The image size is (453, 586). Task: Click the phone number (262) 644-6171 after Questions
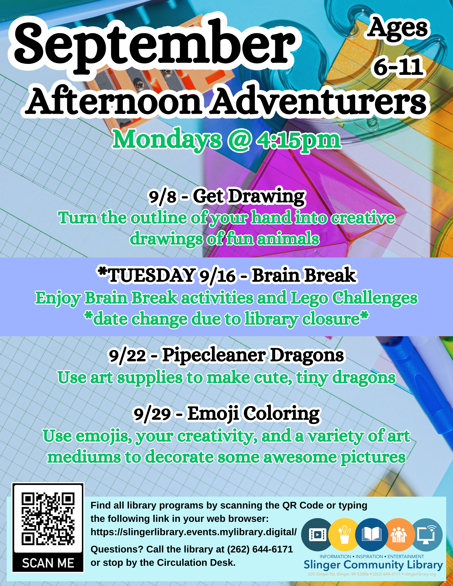pos(260,549)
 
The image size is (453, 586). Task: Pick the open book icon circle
pos(372,534)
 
